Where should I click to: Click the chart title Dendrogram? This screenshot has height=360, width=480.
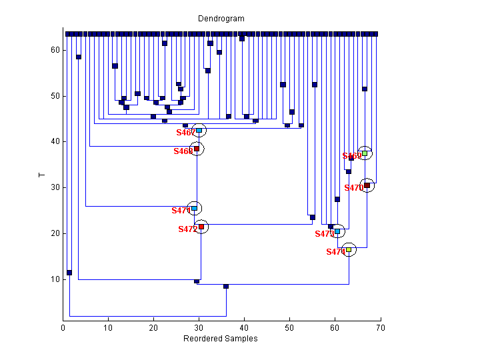221,19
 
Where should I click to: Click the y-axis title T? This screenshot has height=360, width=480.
41,175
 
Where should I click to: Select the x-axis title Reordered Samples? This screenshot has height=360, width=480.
221,339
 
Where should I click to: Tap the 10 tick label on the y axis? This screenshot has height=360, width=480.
55,279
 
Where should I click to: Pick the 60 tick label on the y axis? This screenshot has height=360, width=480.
55,50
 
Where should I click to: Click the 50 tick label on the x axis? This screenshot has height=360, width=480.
289,328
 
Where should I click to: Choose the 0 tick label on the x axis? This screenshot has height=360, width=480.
63,328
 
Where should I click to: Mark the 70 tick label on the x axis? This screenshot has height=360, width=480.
380,328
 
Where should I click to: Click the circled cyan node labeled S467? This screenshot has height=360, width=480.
199,130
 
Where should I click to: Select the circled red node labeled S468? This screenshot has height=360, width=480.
197,149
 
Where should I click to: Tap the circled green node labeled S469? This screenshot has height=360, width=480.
365,153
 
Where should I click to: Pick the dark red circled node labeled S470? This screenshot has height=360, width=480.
367,185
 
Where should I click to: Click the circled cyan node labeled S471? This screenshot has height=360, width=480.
194,209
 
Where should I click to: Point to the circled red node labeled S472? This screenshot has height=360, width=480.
201,227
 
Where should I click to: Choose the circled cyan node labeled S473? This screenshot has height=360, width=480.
337,231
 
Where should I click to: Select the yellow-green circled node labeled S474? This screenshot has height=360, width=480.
349,249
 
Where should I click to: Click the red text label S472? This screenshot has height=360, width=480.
187,229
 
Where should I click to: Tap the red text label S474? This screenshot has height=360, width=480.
335,252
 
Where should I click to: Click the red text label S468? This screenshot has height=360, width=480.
183,151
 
